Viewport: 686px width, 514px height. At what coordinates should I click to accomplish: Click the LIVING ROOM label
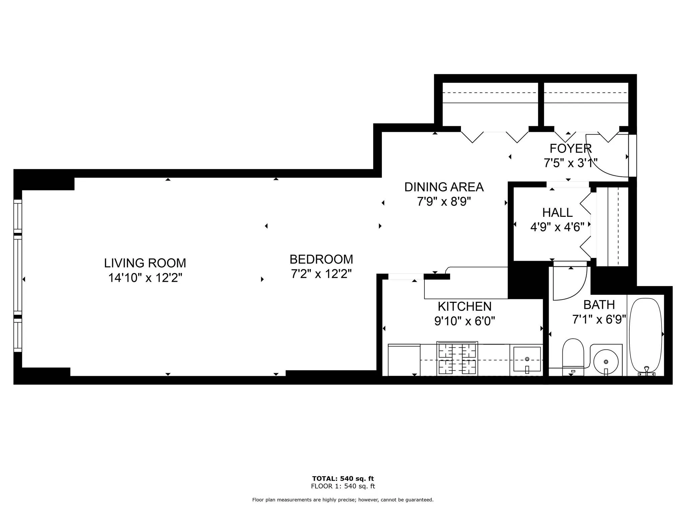pos(145,263)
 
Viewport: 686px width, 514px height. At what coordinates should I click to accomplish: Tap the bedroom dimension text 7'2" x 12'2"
pos(321,274)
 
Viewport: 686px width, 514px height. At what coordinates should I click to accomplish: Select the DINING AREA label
pos(444,187)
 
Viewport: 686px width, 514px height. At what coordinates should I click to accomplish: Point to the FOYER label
pos(570,148)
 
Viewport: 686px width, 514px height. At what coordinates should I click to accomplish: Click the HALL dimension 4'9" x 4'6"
pos(557,227)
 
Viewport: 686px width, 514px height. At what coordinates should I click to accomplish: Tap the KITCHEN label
pos(464,307)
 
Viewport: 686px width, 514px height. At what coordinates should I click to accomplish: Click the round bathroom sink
pos(606,362)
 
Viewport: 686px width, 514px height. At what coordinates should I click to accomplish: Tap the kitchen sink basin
pos(527,359)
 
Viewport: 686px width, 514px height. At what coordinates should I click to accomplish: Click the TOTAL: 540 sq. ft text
pos(343,479)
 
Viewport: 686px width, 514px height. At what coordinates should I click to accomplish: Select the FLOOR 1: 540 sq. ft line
pos(343,486)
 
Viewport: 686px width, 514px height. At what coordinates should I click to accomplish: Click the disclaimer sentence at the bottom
pos(343,500)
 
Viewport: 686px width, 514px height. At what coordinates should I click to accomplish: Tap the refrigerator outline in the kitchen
pos(404,360)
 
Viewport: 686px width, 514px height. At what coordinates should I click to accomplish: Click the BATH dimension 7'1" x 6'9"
pos(599,320)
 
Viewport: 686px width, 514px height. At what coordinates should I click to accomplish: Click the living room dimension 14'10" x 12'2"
pos(145,278)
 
